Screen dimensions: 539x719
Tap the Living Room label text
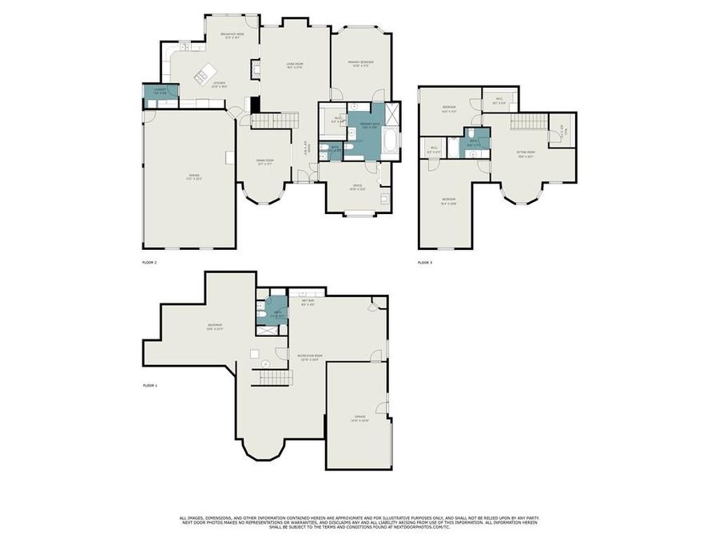(x=295, y=65)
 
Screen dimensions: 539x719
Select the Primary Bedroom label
(x=360, y=63)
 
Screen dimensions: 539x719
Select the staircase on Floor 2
(x=275, y=121)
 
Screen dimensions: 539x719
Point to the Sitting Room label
(x=525, y=155)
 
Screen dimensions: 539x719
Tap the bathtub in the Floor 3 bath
(x=454, y=147)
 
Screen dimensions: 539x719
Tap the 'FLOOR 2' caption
(x=149, y=262)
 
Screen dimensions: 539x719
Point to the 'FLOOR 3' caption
(x=424, y=262)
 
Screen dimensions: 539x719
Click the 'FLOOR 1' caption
(x=149, y=386)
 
